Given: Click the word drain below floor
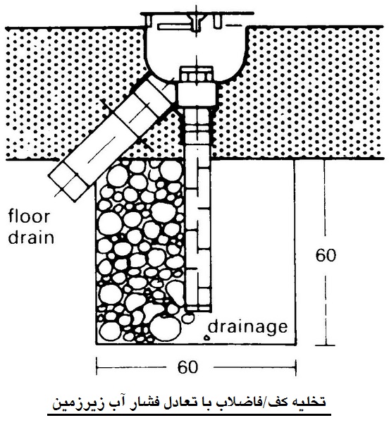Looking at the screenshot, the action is (31, 237).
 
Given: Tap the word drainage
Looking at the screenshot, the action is (248, 327).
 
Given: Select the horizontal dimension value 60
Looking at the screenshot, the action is (188, 367).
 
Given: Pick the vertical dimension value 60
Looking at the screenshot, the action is (326, 255).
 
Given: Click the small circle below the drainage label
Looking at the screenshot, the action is (207, 338).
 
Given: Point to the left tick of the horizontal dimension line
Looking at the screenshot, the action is (97, 367).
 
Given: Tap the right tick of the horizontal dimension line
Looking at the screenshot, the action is (295, 367).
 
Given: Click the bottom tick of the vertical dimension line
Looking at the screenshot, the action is (326, 345).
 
